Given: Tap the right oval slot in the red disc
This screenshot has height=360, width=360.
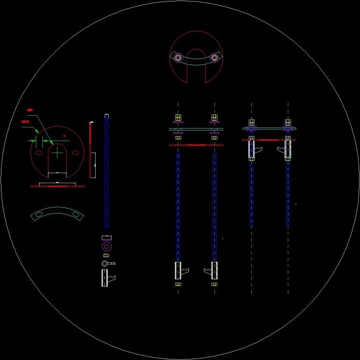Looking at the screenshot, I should coord(75,152).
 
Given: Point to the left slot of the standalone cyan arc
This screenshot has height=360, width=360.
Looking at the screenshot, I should coord(38,215).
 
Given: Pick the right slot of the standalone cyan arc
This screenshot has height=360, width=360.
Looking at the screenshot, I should coord(75,215).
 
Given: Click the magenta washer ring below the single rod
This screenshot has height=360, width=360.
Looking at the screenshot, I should coord(107,246).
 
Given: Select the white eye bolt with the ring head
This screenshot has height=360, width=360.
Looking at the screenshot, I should coord(106,263).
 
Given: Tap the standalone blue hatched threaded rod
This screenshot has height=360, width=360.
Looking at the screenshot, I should coord(107,171).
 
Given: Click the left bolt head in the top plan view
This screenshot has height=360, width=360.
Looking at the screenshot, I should coord(178,58).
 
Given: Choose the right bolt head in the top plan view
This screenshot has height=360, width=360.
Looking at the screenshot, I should coord(214,58).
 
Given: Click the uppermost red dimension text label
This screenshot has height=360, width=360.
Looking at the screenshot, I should coord(30,110).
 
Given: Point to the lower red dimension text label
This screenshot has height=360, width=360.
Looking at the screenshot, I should coord(26,122).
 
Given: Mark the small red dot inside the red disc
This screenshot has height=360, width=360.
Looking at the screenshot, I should coord(64,136).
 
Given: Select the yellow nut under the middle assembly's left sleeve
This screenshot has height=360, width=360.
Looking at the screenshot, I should coord(178,284).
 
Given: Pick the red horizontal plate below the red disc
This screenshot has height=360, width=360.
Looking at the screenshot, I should coord(57,186).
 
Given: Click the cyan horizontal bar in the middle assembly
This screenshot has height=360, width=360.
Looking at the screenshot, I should coord(196,129).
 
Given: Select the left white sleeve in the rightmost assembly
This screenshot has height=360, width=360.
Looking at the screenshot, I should coord(252,150).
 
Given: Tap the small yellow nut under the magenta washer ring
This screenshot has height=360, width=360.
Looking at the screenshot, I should coord(106,255).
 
